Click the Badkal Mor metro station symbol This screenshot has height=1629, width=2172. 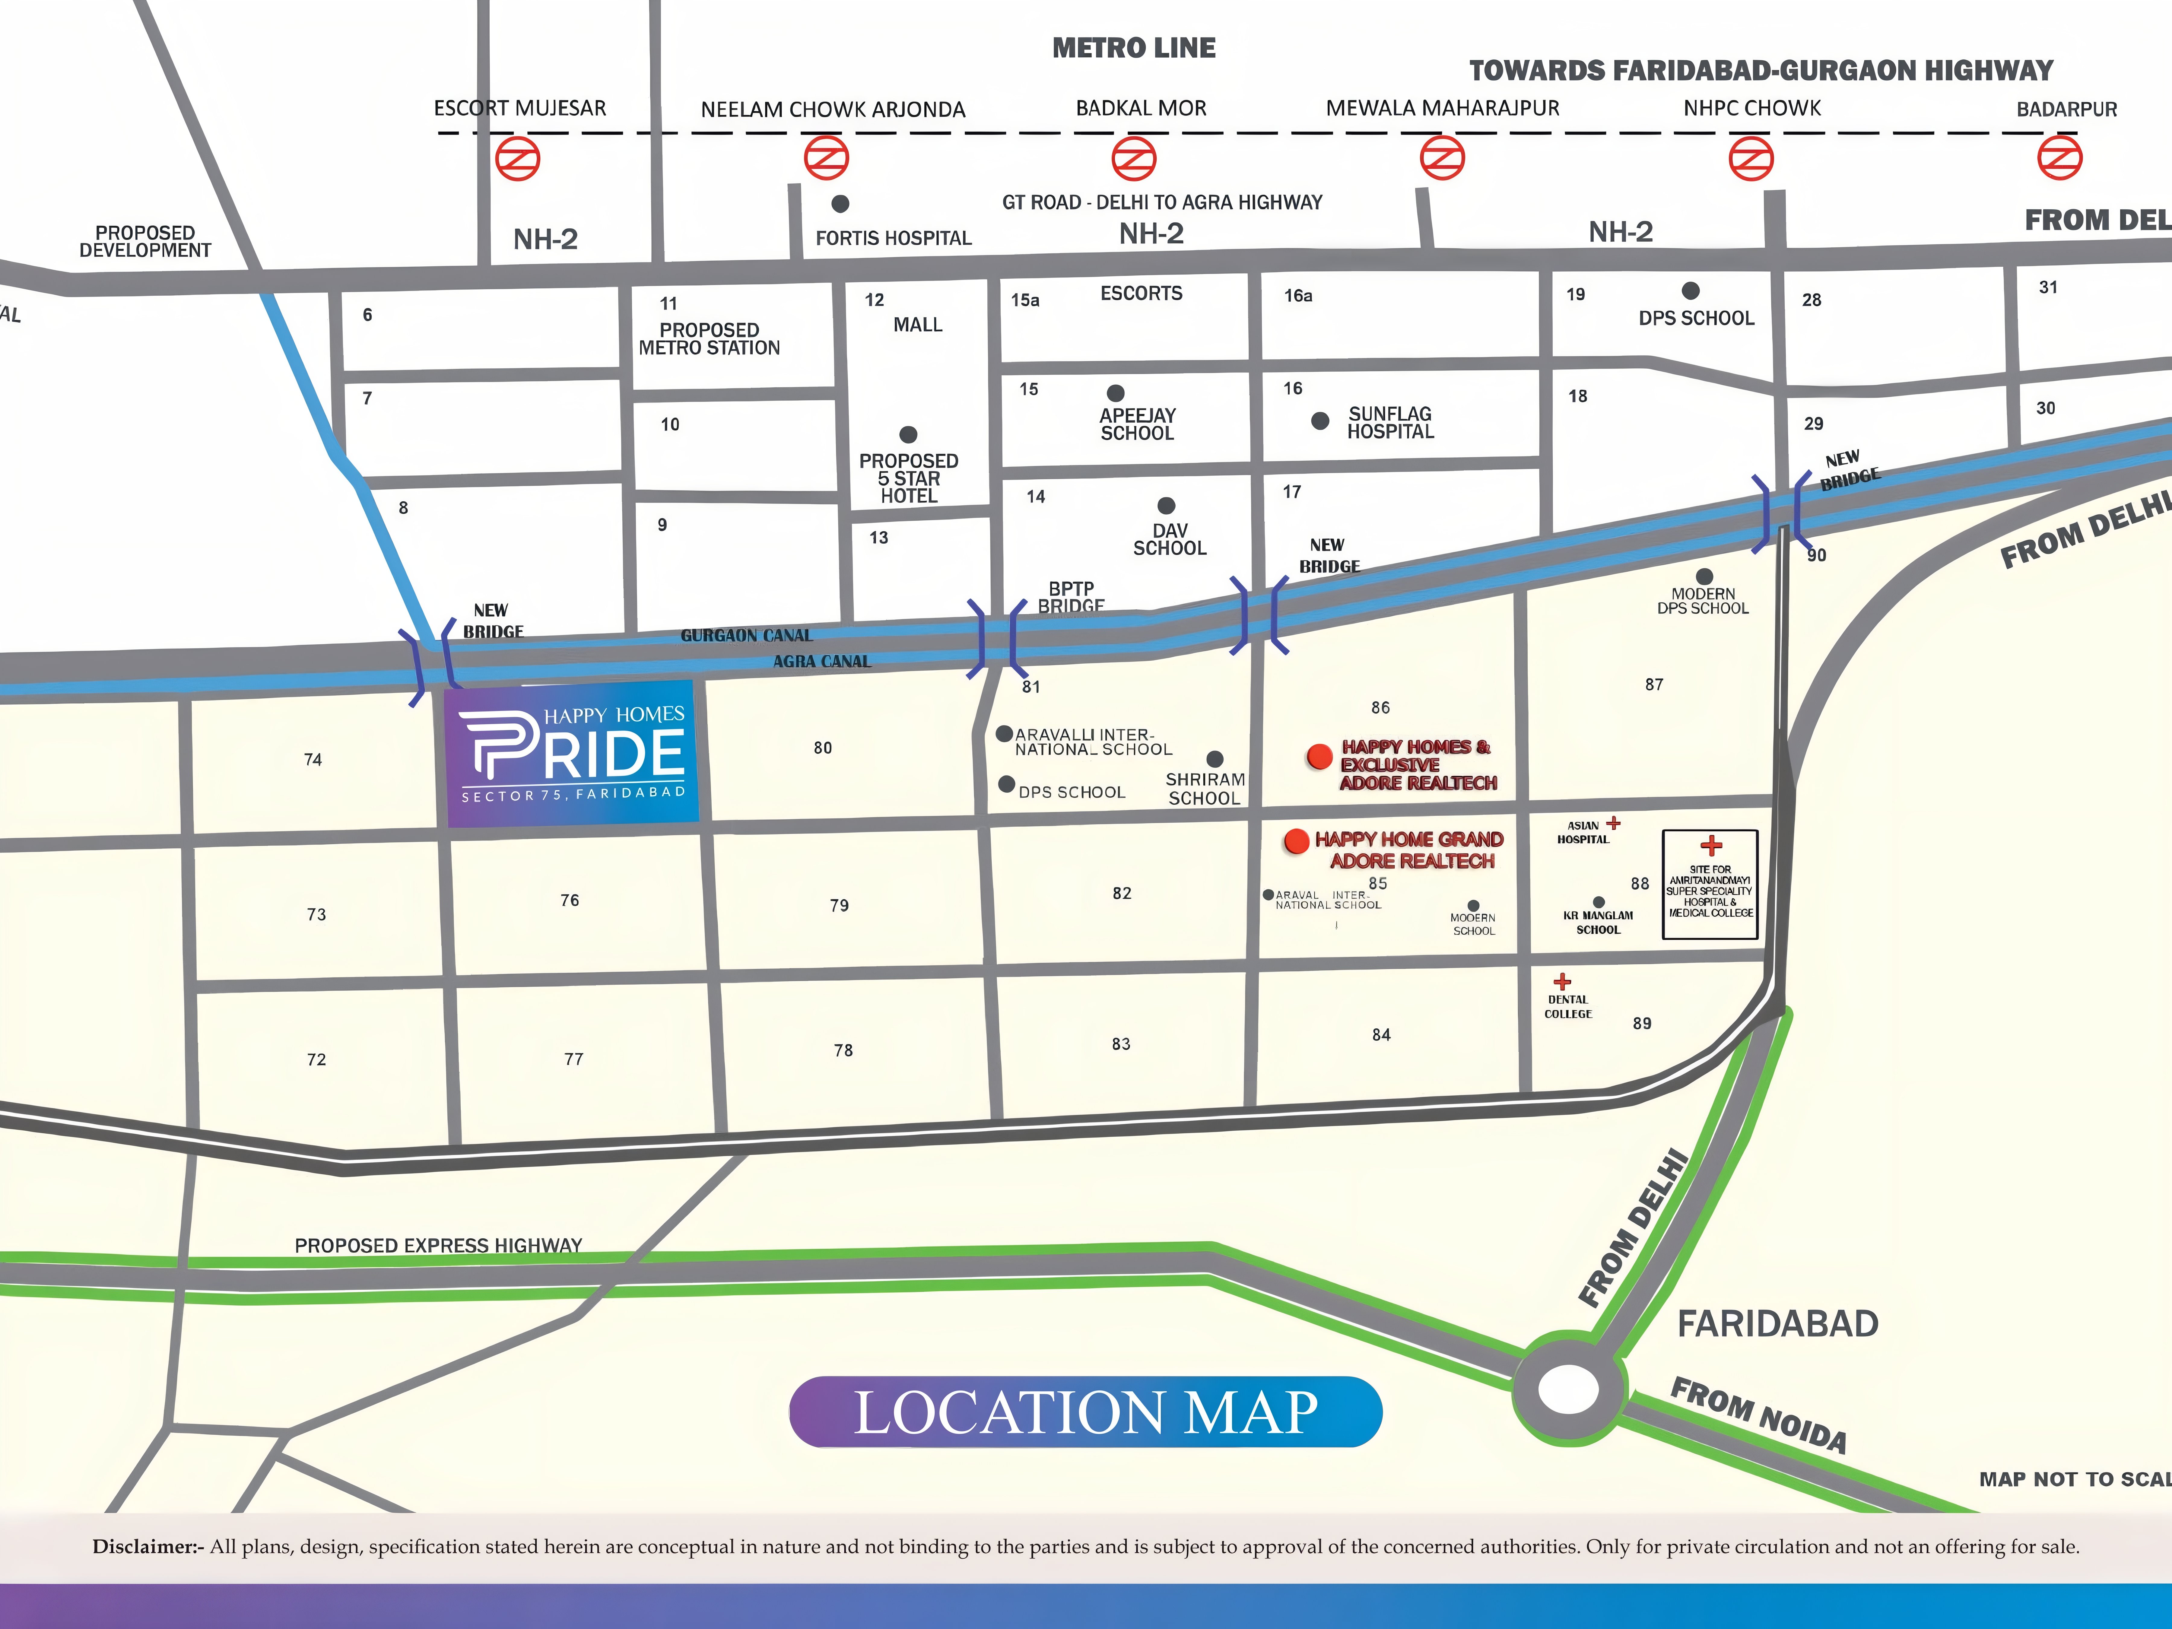pyautogui.click(x=1134, y=158)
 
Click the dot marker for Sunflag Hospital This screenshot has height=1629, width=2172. pyautogui.click(x=1321, y=420)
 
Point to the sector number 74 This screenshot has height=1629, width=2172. pyautogui.click(x=313, y=759)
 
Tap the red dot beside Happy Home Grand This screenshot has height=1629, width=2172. pyautogui.click(x=1296, y=840)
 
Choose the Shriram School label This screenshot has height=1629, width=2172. pyautogui.click(x=1205, y=789)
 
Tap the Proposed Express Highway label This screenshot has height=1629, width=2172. pyautogui.click(x=438, y=1245)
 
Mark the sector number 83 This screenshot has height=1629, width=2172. pyautogui.click(x=1121, y=1044)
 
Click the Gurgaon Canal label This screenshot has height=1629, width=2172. pyautogui.click(x=746, y=635)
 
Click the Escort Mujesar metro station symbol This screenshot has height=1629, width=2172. pyautogui.click(x=517, y=158)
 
